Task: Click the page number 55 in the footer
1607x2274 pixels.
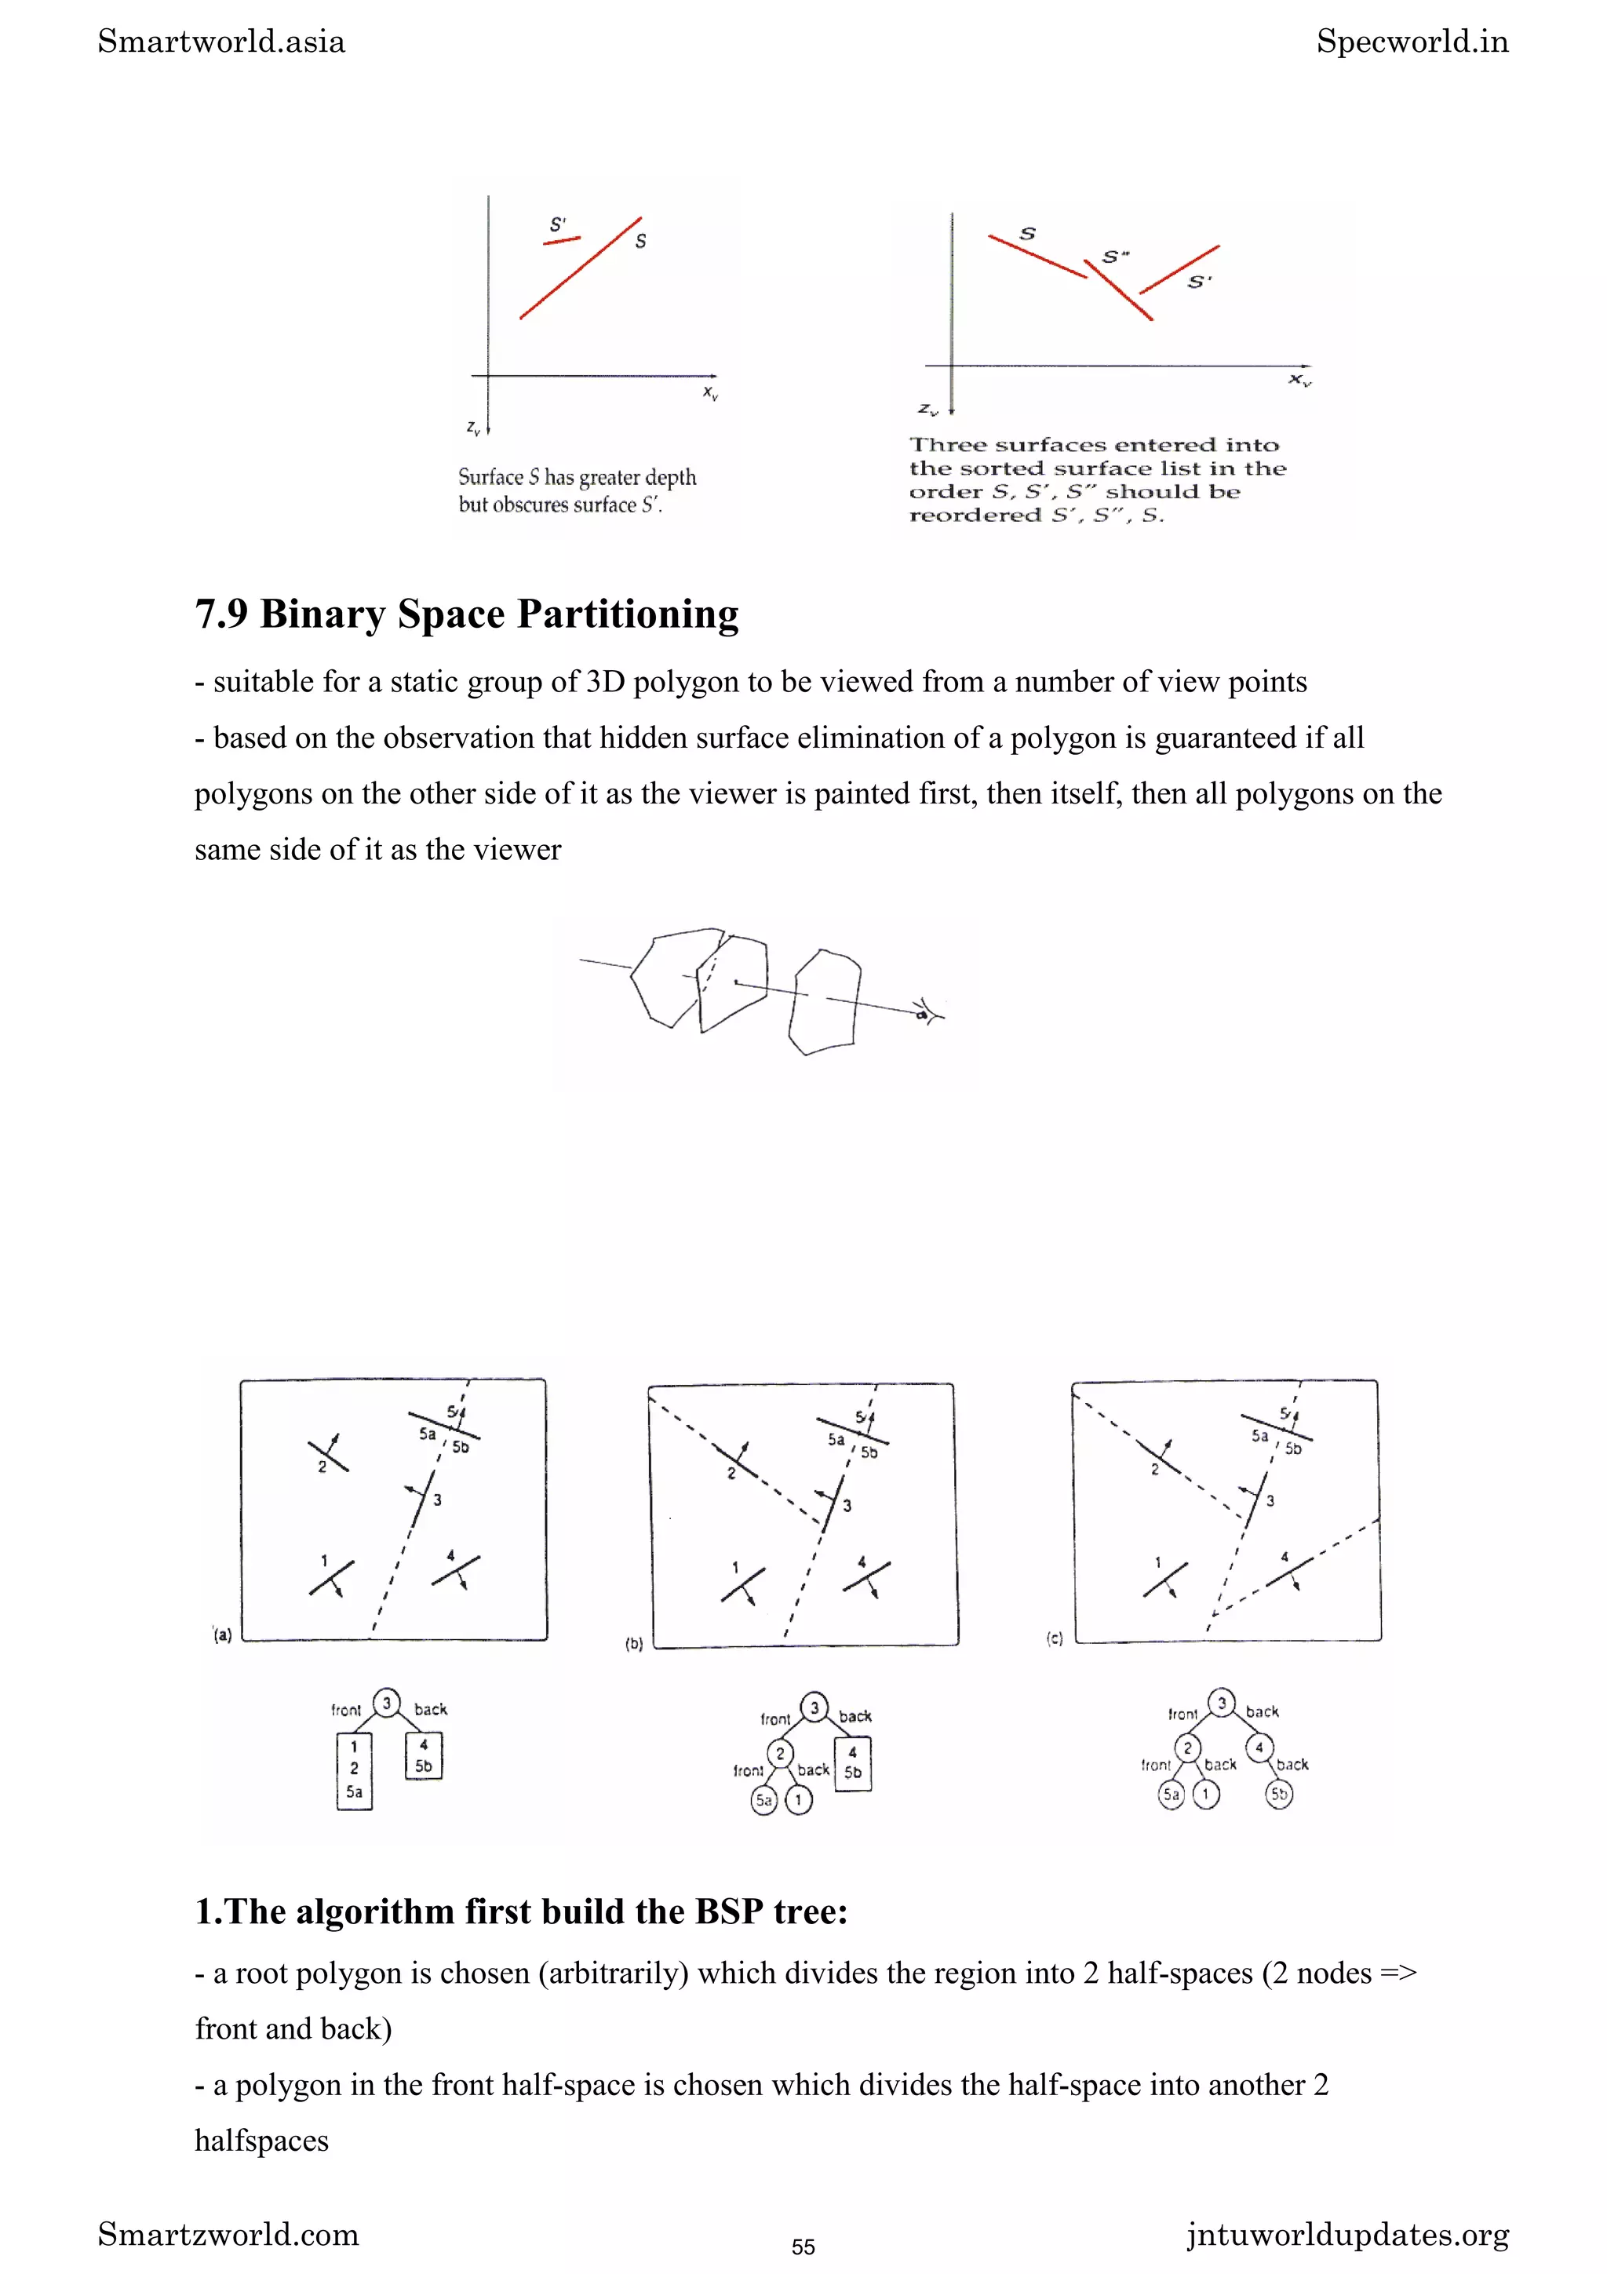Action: (803, 2247)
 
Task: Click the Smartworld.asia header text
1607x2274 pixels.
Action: (222, 42)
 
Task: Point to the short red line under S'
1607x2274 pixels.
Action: (561, 239)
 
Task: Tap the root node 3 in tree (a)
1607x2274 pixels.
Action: (386, 1703)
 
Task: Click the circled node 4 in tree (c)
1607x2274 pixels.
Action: (1259, 1747)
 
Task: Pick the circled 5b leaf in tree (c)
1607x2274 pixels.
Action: (1279, 1794)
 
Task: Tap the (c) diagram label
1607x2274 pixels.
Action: (1055, 1639)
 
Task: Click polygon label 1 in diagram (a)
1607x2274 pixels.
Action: (324, 1561)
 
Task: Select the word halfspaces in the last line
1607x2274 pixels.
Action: (261, 2141)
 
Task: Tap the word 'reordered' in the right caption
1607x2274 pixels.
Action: (975, 515)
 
